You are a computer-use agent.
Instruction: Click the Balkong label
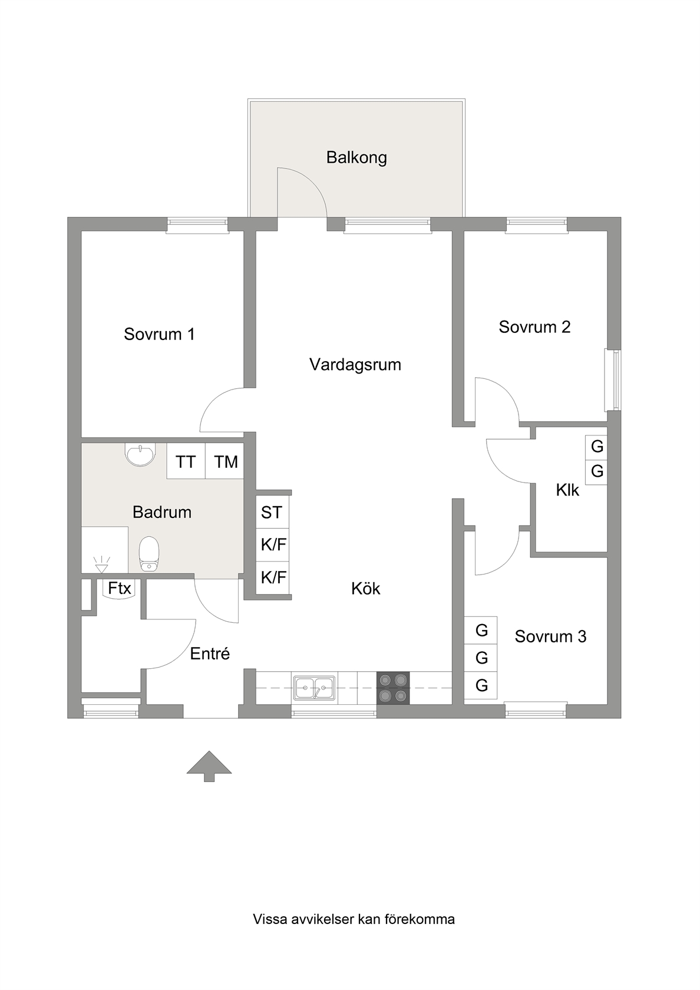(356, 158)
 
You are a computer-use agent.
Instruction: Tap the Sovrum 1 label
(159, 334)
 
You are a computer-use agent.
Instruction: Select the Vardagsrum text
(355, 365)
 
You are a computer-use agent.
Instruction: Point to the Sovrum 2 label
(534, 327)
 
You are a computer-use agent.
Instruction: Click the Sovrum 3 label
(550, 636)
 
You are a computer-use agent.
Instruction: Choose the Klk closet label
(567, 490)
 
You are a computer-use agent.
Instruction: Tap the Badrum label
(161, 512)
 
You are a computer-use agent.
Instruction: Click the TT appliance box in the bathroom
(186, 461)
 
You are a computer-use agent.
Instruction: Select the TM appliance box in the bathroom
(224, 461)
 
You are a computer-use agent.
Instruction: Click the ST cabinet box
(272, 512)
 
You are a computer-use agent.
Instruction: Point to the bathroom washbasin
(140, 454)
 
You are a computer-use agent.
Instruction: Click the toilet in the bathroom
(149, 554)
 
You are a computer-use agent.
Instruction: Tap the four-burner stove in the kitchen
(393, 688)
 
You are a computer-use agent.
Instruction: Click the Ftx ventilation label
(119, 589)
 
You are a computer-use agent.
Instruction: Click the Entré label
(210, 653)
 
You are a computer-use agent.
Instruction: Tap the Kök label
(365, 589)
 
